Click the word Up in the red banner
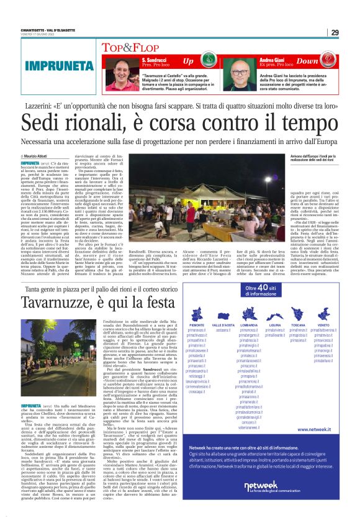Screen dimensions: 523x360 (x=188, y=61)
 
